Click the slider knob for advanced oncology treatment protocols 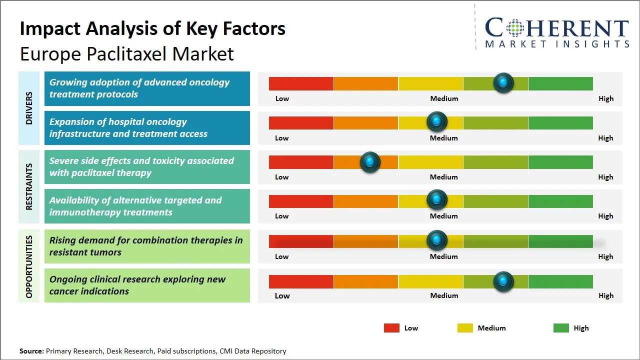point(503,82)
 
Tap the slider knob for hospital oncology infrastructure point(437,121)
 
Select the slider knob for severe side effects point(370,162)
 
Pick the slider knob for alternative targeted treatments point(437,200)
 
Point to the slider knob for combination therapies point(437,240)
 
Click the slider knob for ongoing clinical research point(503,281)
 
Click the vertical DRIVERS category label point(29,108)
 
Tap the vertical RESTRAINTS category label point(29,186)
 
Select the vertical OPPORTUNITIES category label point(29,267)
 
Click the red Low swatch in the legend point(391,328)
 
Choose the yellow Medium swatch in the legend point(465,328)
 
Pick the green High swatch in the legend point(561,328)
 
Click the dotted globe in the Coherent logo point(515,28)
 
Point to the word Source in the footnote point(31,351)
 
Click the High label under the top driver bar point(606,98)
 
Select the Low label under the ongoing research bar point(282,295)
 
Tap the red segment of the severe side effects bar point(301,162)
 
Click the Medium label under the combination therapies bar point(444,256)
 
